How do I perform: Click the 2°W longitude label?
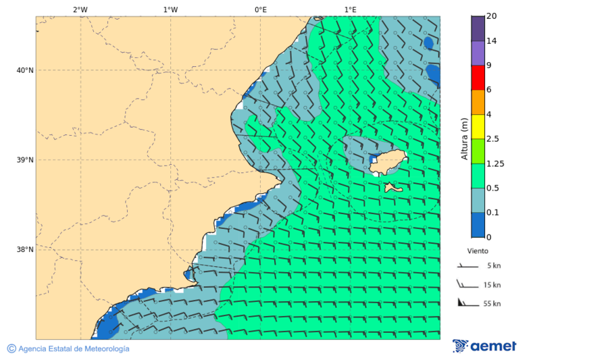(80, 9)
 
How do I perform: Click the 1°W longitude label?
(170, 9)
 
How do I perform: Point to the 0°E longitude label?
(260, 9)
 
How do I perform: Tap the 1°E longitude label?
(350, 9)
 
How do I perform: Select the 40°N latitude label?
(25, 70)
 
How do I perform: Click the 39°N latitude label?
(25, 160)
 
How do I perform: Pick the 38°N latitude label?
(25, 250)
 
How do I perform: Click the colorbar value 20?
(492, 16)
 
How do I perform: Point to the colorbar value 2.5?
(492, 139)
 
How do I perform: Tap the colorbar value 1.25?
(495, 163)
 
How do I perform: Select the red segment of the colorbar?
(478, 78)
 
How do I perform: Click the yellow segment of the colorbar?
(478, 126)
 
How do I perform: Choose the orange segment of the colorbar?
(478, 102)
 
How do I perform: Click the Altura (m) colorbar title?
(464, 138)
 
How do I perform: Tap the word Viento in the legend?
(477, 251)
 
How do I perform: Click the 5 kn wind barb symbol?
(467, 266)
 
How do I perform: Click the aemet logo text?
(492, 346)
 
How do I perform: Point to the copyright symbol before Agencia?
(11, 349)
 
